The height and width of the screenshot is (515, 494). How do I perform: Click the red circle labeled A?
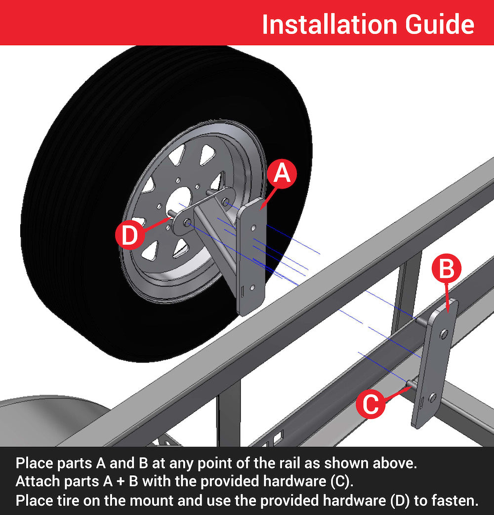coord(282,173)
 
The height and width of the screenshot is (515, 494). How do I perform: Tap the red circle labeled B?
coord(446,270)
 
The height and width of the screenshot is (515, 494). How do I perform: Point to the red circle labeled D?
coord(129,235)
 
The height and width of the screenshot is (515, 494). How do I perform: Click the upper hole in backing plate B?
coord(444,335)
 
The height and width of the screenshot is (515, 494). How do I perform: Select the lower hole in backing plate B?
coord(433,397)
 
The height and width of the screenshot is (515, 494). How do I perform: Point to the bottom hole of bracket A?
coord(252,287)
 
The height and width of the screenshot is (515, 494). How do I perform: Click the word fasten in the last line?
coord(455,500)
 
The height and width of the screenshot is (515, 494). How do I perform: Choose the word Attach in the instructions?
coord(34,481)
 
